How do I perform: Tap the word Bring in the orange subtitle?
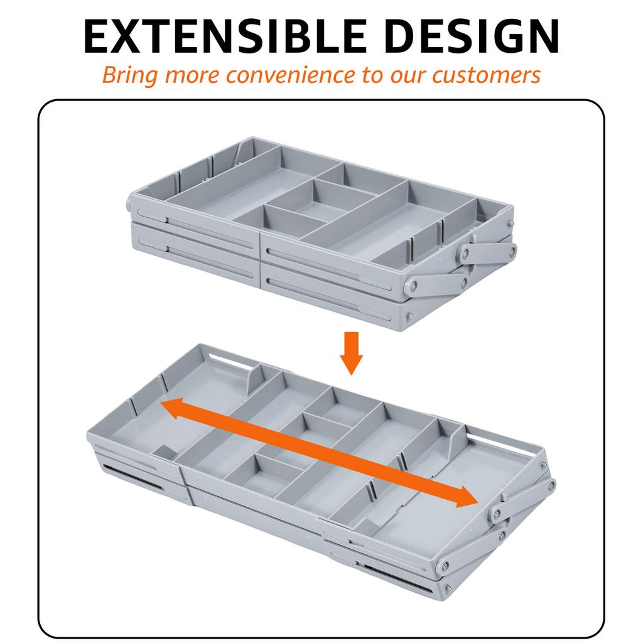pos(129,76)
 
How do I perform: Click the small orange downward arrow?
pos(351,353)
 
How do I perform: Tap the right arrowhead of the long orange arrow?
pos(465,497)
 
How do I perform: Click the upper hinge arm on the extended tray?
pos(523,497)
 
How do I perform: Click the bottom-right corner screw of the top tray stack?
pos(409,316)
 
